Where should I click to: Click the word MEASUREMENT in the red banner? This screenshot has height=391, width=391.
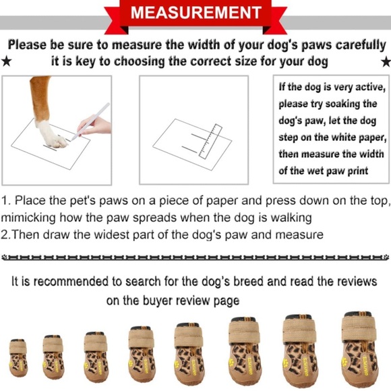pyautogui.click(x=196, y=12)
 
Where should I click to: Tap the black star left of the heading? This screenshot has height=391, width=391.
pyautogui.click(x=6, y=61)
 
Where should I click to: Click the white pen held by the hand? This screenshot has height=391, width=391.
pyautogui.click(x=90, y=121)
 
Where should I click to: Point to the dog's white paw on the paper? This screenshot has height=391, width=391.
pyautogui.click(x=52, y=135)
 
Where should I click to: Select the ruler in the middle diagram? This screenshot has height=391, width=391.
pyautogui.click(x=210, y=141)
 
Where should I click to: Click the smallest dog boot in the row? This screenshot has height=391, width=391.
pyautogui.click(x=18, y=357)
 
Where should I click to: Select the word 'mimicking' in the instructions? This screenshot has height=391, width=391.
pyautogui.click(x=28, y=218)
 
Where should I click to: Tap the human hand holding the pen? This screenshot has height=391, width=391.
pyautogui.click(x=95, y=125)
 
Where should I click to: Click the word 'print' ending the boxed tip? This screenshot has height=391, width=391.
pyautogui.click(x=358, y=171)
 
